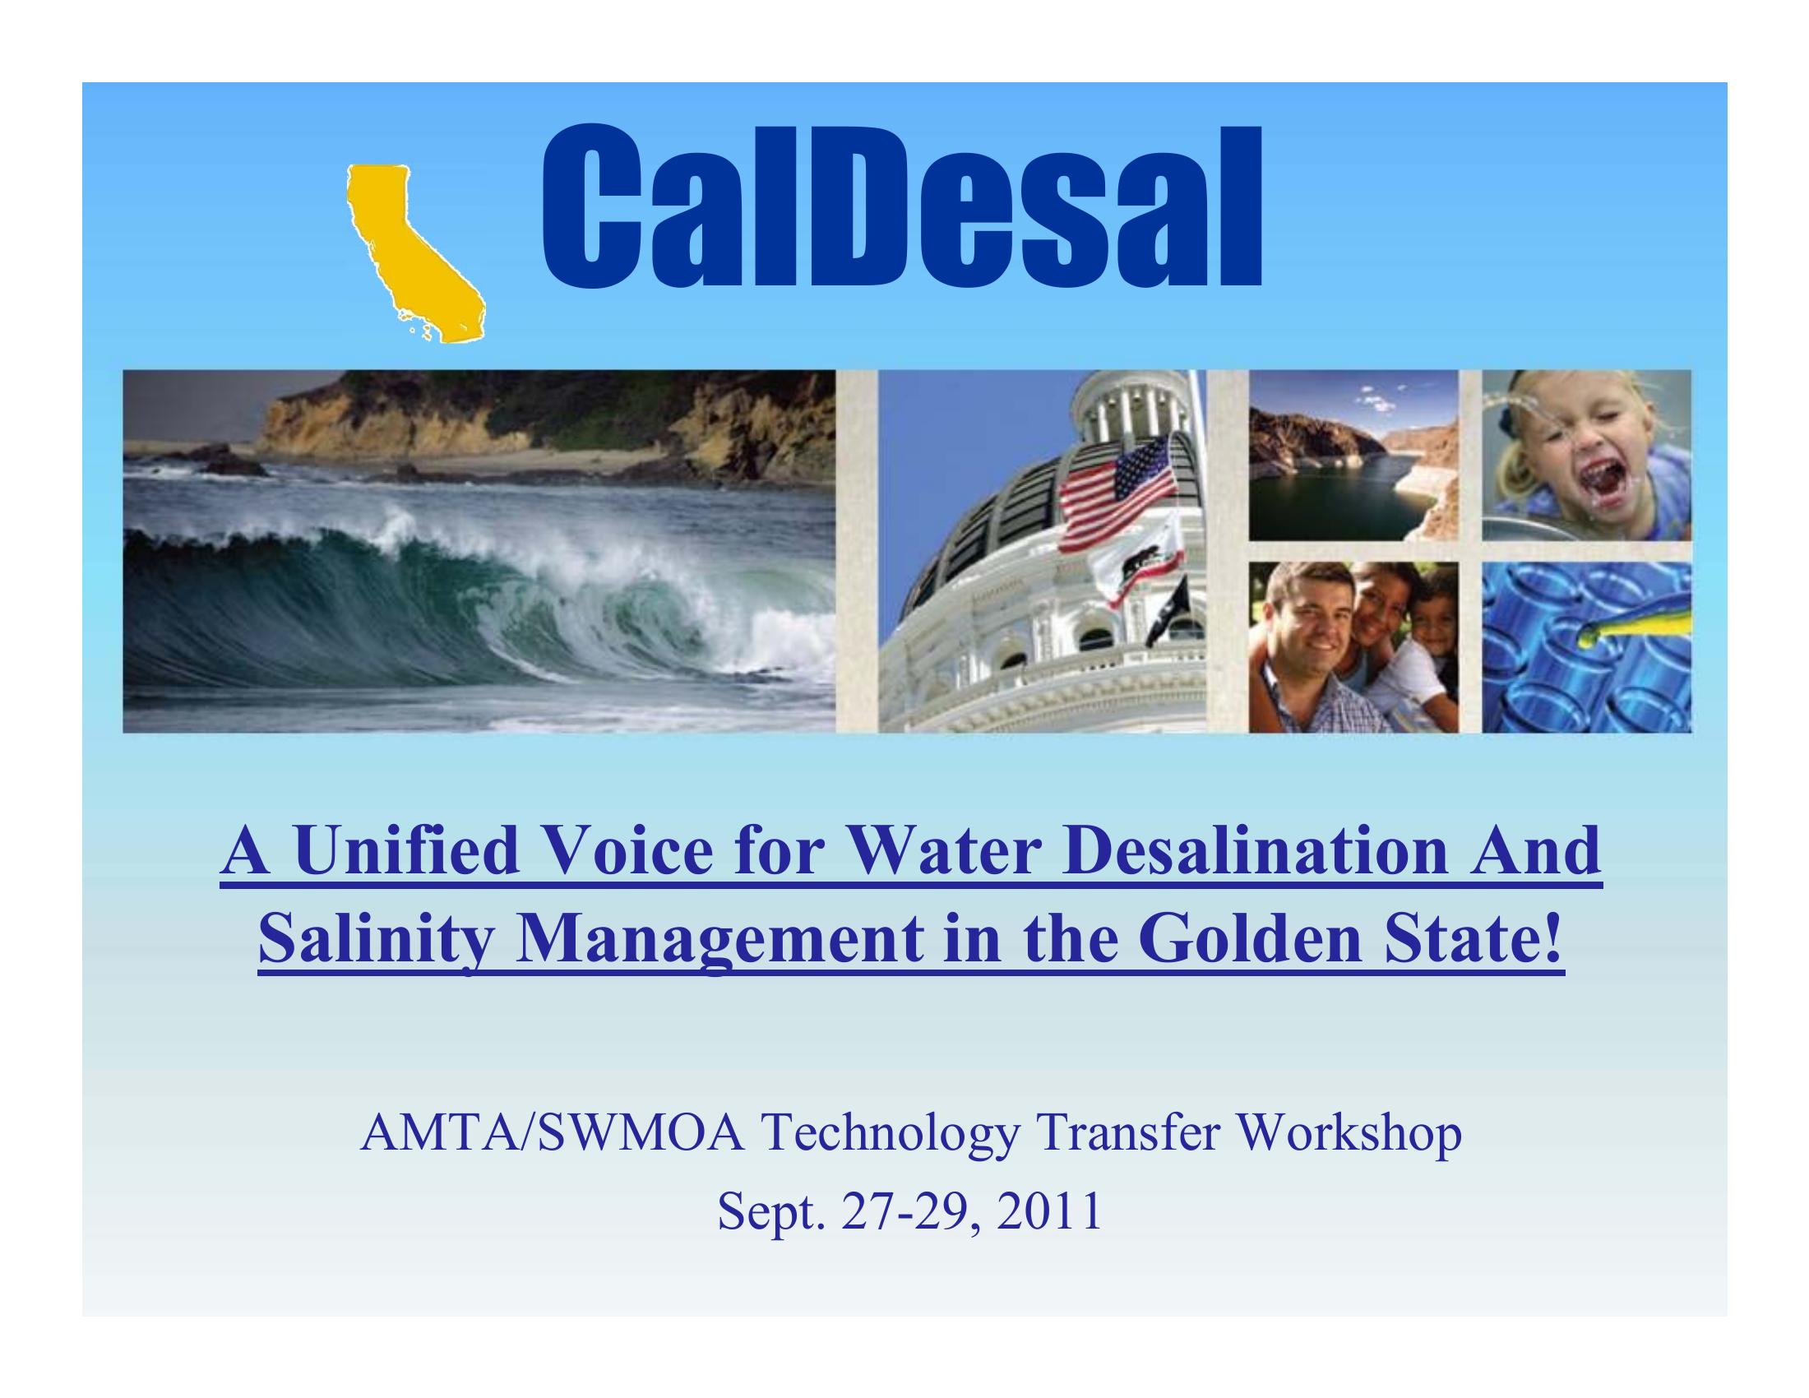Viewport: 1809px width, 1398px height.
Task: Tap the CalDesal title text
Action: click(x=901, y=206)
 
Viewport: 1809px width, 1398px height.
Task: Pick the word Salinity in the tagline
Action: click(x=376, y=943)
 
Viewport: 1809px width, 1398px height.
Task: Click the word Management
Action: click(x=718, y=943)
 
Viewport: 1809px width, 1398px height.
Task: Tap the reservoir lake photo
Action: click(x=1353, y=456)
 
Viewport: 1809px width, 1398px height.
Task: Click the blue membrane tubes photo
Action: click(x=1586, y=648)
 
